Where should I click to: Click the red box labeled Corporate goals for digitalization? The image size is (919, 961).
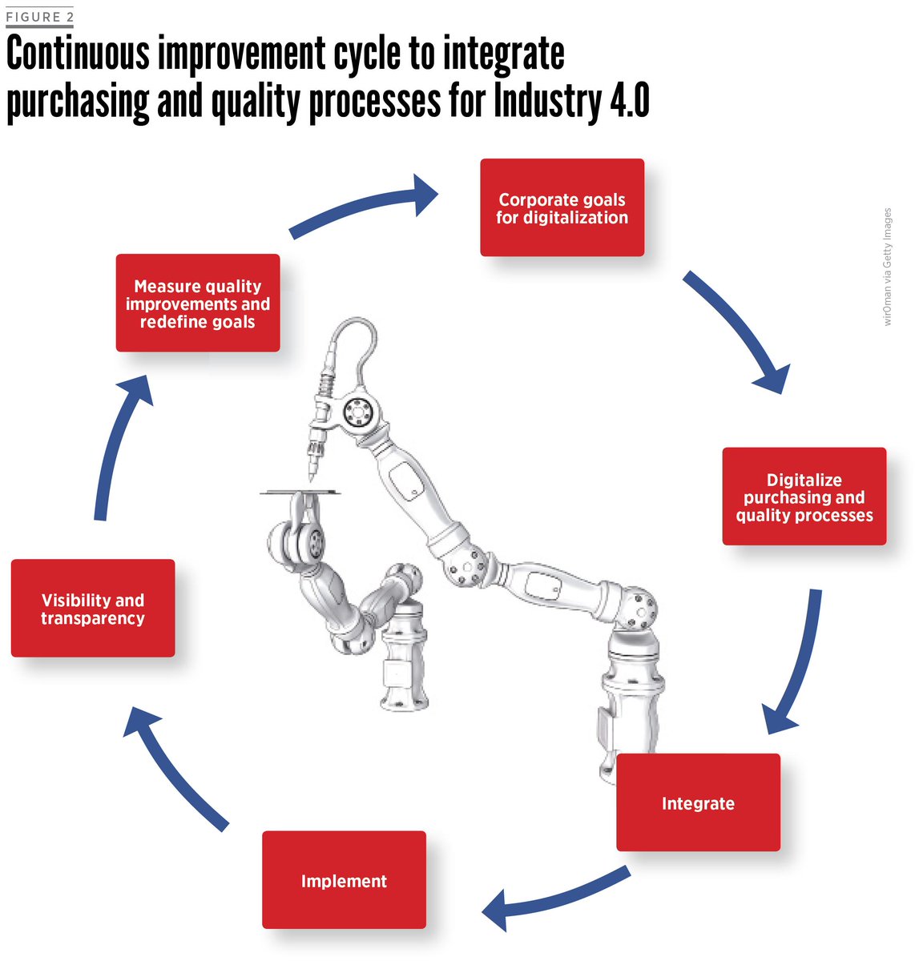click(x=562, y=208)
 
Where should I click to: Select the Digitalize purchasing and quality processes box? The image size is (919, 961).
click(x=804, y=497)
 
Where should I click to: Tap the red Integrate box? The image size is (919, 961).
click(x=697, y=802)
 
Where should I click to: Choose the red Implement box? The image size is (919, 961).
click(x=344, y=880)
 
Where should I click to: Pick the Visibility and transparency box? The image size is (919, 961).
click(x=93, y=609)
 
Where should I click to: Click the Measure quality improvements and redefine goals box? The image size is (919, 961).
click(x=198, y=304)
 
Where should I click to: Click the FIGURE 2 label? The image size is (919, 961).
click(x=39, y=17)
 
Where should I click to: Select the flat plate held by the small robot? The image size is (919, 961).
click(x=300, y=492)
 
